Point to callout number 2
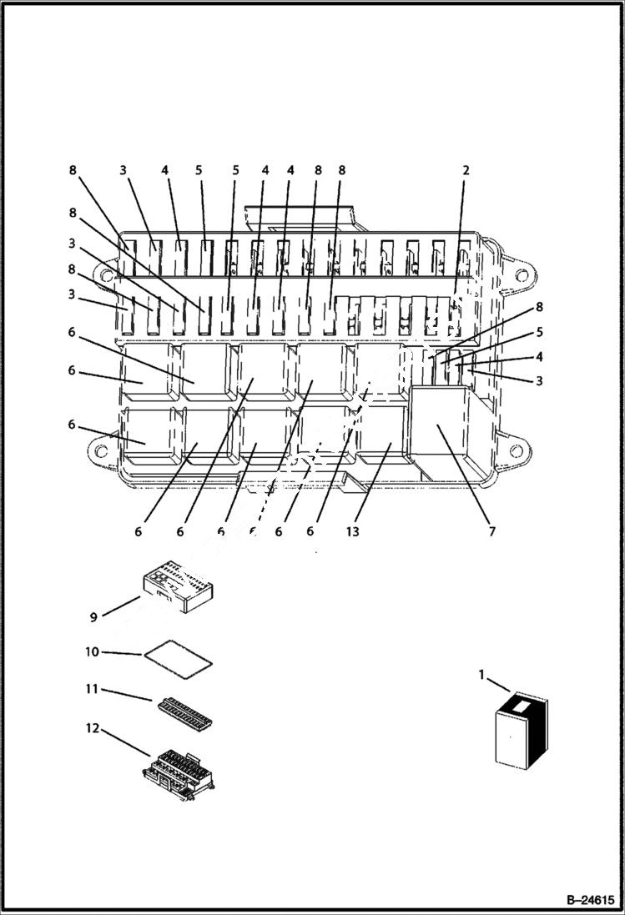click(x=466, y=170)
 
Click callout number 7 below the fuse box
click(x=491, y=531)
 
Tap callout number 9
click(x=93, y=617)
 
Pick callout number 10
click(x=93, y=651)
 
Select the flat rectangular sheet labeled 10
click(x=178, y=659)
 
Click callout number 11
click(x=92, y=690)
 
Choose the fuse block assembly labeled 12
click(x=182, y=772)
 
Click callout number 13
click(x=353, y=531)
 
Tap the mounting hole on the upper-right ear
click(x=522, y=275)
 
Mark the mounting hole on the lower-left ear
click(x=101, y=451)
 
